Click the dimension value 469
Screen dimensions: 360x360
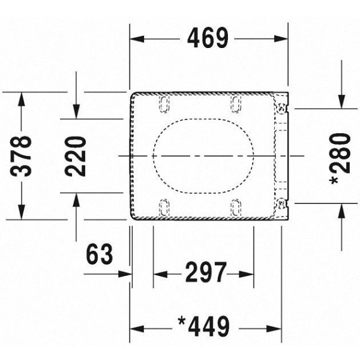208,38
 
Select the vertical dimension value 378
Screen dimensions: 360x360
22,156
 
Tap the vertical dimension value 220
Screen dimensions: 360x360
76,156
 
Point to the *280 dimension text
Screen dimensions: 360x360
340,157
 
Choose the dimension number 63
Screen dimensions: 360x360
100,256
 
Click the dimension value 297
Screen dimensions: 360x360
204,274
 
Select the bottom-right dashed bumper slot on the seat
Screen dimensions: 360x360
237,208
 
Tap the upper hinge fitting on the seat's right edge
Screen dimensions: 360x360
281,109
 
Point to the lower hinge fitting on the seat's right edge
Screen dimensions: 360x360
281,203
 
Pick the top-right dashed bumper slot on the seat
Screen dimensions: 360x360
237,104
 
